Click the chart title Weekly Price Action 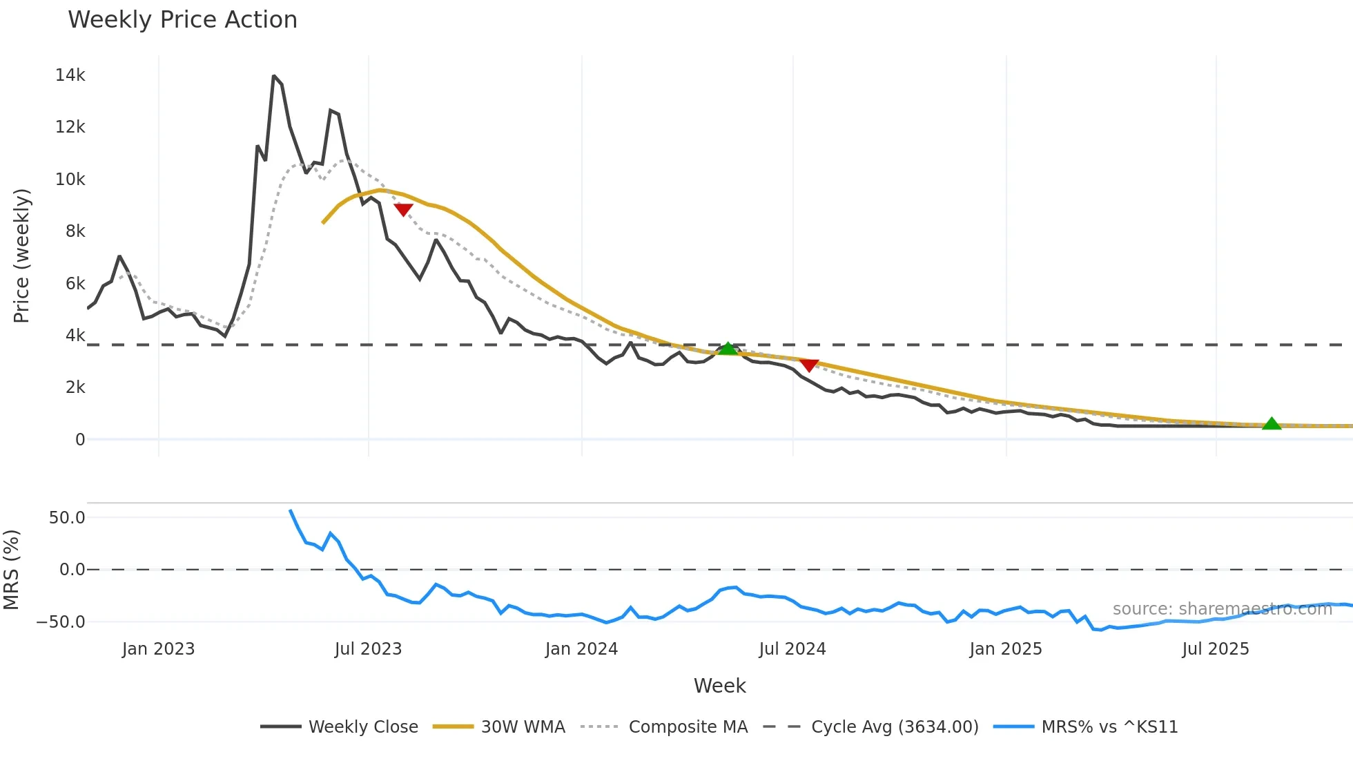coord(182,20)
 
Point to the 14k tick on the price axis coord(70,75)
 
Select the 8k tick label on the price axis coord(75,231)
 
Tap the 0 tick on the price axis coord(80,440)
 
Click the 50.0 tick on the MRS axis coord(67,518)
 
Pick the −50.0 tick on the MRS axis coord(61,622)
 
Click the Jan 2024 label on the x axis coord(581,649)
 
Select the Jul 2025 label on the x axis coord(1215,649)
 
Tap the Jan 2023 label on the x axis coord(158,649)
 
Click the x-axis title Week coord(719,686)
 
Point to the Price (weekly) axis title coord(21,256)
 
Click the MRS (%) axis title coord(11,570)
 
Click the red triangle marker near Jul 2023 coord(403,209)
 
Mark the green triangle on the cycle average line coord(728,349)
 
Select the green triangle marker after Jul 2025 coord(1271,424)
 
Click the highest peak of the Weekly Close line coord(274,76)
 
